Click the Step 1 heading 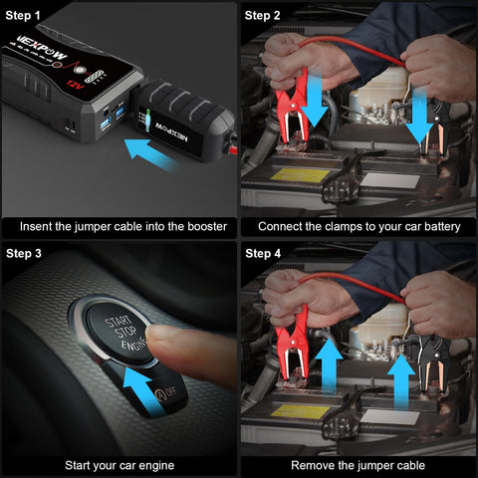(24, 15)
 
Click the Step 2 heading (263, 15)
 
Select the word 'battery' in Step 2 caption (440, 227)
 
